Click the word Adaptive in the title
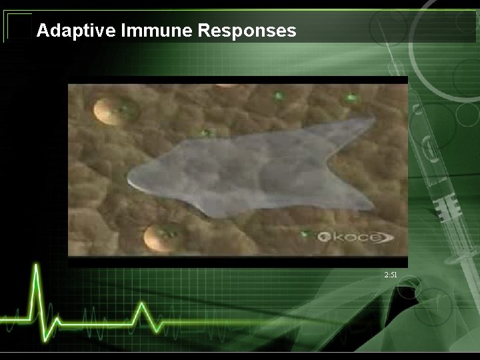68,31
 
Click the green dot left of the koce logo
305,234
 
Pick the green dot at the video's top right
351,99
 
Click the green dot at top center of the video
278,96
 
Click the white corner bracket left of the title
18,27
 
